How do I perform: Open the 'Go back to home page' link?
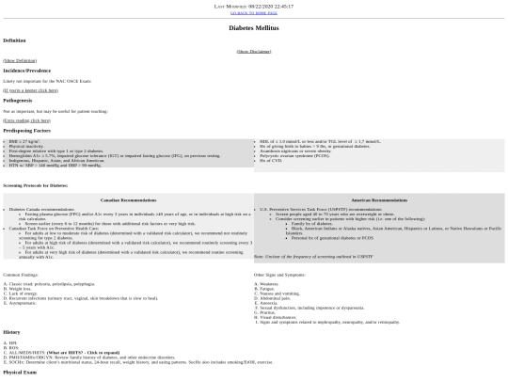pos(254,12)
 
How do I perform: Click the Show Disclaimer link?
pos(254,51)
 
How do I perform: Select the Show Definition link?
pos(18,60)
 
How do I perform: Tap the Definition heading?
pos(14,40)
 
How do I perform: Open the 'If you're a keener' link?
pos(24,90)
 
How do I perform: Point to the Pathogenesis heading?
pos(18,101)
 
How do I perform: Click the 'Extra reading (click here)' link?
pos(27,120)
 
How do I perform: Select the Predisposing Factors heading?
pos(27,131)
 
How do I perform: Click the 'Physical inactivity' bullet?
pos(29,146)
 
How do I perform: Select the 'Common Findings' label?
pos(25,274)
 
